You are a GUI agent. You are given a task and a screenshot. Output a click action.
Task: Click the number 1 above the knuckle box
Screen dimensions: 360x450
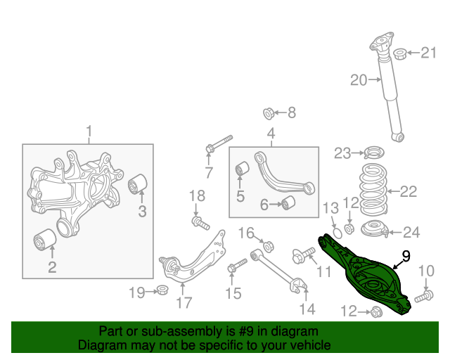coord(89,131)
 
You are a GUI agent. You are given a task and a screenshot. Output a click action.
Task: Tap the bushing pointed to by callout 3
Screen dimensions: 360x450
coord(139,184)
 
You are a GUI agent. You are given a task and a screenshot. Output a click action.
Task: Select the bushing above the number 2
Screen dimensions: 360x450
coord(45,240)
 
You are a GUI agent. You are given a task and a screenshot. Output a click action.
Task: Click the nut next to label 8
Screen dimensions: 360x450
coord(269,112)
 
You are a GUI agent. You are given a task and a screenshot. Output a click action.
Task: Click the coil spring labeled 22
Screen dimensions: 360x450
coord(369,190)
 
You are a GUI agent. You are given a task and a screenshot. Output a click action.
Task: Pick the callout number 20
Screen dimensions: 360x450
coord(359,80)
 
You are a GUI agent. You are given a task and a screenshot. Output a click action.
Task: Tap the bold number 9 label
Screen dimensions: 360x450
coord(406,257)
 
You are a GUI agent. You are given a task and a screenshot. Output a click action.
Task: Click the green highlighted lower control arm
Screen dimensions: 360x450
coord(366,274)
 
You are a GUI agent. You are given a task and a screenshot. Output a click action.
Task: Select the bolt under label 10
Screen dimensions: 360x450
coord(423,297)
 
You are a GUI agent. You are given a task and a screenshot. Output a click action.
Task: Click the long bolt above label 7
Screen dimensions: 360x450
coord(219,143)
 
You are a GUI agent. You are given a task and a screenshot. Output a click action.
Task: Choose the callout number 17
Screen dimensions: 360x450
coord(184,304)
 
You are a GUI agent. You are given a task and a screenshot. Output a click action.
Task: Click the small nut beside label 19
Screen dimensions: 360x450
coord(163,290)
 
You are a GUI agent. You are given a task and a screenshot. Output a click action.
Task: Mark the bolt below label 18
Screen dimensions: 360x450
coord(201,224)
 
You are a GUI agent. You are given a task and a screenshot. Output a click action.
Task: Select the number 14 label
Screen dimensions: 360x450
coord(307,308)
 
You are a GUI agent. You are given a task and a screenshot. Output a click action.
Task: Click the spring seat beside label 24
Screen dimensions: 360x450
coord(373,229)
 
